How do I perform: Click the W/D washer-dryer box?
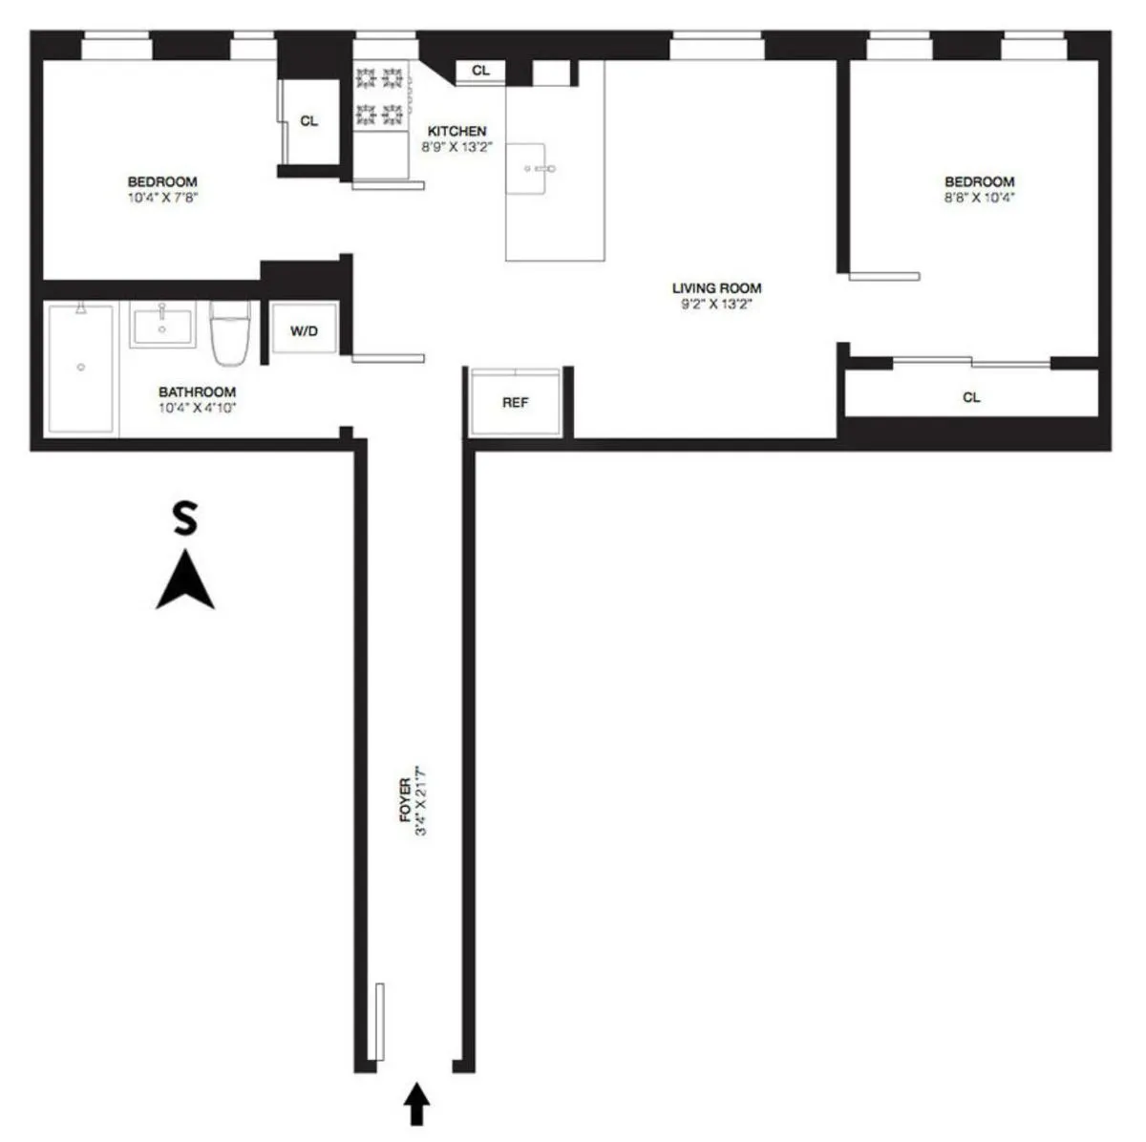(304, 330)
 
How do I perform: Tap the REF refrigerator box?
(515, 402)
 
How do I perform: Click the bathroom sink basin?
(161, 327)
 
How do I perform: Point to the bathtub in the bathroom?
(81, 367)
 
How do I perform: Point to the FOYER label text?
(405, 800)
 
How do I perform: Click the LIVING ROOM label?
(716, 288)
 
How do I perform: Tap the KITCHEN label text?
(456, 131)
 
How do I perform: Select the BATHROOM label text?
(197, 391)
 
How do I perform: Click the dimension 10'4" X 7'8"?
(162, 198)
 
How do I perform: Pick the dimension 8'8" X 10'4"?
(979, 198)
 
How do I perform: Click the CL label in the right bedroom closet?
(971, 397)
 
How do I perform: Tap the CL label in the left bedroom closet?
(308, 121)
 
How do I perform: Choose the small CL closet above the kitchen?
(480, 71)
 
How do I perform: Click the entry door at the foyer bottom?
(379, 1021)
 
